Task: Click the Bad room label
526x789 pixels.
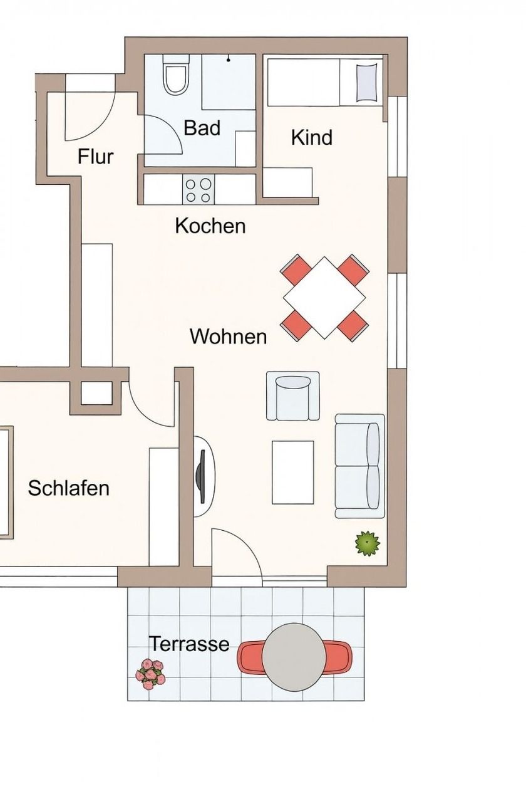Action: pos(202,128)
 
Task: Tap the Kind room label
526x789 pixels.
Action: pos(312,137)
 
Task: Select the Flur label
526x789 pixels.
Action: pos(95,157)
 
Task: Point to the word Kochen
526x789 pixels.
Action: pos(210,226)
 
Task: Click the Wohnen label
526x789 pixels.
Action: pos(229,337)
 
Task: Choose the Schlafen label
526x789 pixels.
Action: pos(69,488)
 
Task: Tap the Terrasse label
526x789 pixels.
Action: pos(190,644)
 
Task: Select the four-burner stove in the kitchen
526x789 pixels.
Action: pos(199,190)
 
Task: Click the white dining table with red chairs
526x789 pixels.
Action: pos(324,298)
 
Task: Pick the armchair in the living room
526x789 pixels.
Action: pos(293,396)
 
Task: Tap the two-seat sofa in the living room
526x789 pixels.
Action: pos(360,466)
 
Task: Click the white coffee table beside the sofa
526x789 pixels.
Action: pos(292,473)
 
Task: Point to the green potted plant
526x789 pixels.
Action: pos(368,543)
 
